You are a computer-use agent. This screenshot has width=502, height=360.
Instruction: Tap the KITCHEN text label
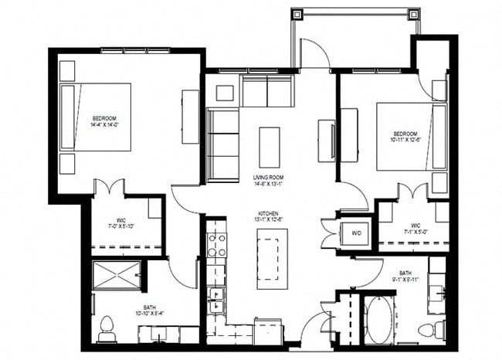[x=269, y=212]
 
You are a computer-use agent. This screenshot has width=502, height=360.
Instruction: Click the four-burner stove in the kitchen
[x=216, y=245]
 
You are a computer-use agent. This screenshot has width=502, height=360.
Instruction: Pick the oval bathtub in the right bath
[x=378, y=319]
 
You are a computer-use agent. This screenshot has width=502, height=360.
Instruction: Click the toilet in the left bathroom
[x=107, y=329]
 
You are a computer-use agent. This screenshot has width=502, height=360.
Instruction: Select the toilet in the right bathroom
[x=429, y=330]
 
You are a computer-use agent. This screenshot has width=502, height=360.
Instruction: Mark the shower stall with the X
[x=117, y=274]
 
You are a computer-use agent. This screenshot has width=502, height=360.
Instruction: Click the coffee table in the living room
[x=269, y=147]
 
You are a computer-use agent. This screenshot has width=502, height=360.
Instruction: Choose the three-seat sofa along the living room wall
[x=222, y=144]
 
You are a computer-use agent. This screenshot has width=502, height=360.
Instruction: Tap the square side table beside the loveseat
[x=224, y=93]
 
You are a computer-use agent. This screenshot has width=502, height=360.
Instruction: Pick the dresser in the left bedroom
[x=191, y=116]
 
